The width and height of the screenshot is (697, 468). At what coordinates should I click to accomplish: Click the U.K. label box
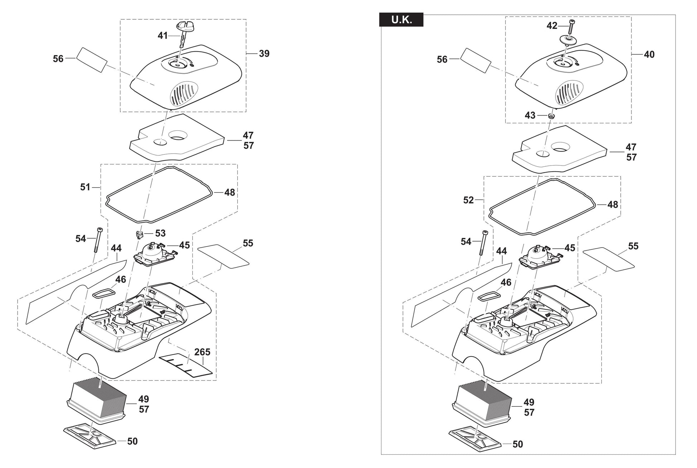tap(401, 20)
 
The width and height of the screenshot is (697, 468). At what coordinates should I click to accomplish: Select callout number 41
tap(163, 35)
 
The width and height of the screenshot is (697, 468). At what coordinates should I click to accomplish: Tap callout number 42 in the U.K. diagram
tap(552, 26)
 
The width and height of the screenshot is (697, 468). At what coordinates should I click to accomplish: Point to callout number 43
tap(530, 115)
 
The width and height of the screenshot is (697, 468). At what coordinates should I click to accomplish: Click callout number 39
tap(264, 54)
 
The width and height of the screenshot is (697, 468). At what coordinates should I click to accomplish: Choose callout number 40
tap(649, 54)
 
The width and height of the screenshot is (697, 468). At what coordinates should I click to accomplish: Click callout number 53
tap(160, 233)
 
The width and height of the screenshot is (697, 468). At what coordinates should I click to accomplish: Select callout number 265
tap(202, 352)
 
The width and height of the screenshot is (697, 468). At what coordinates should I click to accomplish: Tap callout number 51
tap(85, 187)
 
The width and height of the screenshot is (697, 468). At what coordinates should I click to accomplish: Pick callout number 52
tap(468, 200)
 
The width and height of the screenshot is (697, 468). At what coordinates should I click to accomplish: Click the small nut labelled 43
tap(551, 116)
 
